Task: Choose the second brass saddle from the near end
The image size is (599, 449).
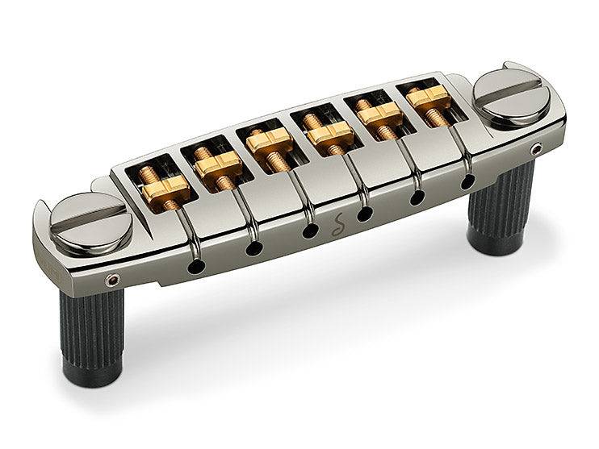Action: point(217,164)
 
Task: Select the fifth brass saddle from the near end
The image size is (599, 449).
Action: point(380,116)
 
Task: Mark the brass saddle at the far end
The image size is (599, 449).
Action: point(429,97)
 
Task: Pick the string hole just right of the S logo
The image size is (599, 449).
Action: point(366,214)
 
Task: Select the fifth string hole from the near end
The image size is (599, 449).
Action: point(418,197)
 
